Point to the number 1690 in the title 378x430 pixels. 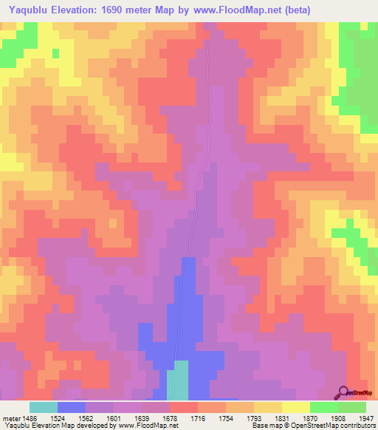[x=117, y=10]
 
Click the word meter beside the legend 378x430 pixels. [x=11, y=418]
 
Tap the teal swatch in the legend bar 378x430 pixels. [x=44, y=407]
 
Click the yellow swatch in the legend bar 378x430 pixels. [x=295, y=407]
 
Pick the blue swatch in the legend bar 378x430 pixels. [x=72, y=407]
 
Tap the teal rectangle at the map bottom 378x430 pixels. [x=179, y=379]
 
